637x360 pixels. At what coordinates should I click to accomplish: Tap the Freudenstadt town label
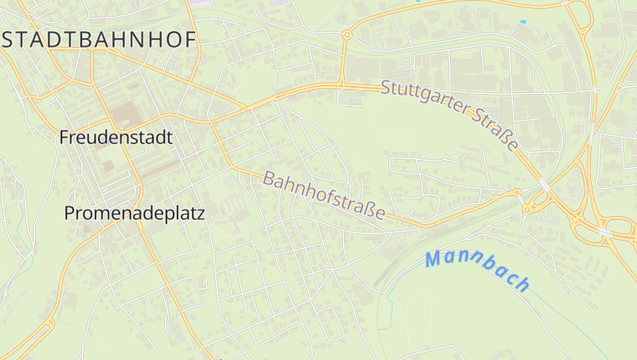pos(115,137)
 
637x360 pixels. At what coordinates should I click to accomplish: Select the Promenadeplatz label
pos(135,213)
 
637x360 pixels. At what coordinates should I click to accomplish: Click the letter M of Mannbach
pos(434,259)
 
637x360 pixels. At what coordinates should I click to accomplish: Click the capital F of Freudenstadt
pos(64,137)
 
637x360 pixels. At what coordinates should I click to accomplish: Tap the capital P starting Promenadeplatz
pos(69,213)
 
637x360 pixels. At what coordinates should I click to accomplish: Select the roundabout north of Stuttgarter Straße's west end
pos(347,35)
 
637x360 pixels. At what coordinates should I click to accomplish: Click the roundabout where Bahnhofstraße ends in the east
pos(518,192)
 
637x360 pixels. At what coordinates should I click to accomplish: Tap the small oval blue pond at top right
pos(523,21)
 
